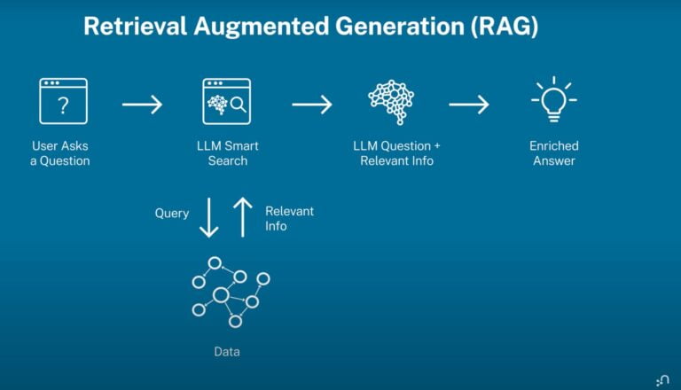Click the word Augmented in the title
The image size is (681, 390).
262,27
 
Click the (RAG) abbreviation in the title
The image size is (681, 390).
505,26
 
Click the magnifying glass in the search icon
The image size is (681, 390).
238,105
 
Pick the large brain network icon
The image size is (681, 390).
391,103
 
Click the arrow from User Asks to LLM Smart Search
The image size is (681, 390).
142,105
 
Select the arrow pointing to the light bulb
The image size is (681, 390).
469,105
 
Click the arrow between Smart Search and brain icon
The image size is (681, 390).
312,105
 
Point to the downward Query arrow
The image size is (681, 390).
209,217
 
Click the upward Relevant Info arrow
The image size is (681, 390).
243,217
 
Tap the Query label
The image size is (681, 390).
172,214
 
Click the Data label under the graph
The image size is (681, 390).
227,351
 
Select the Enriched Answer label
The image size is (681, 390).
553,153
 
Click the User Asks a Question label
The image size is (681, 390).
60,153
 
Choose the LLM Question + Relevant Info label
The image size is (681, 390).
396,153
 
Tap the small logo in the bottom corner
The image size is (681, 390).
662,380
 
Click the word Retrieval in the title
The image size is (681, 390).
135,27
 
